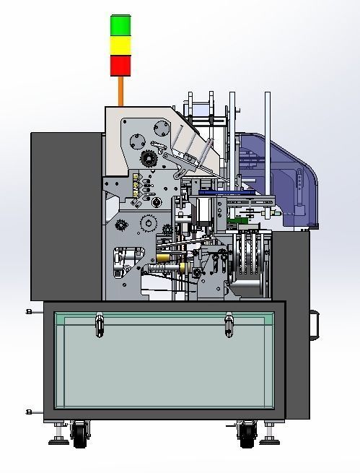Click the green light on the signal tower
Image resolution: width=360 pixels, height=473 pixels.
pos(121,25)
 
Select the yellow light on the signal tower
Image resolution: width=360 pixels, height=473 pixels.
pos(121,45)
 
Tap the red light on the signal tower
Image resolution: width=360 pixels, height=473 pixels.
pos(121,66)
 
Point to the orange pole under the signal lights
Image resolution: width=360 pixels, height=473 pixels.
pos(121,91)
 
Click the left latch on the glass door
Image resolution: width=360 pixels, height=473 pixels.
pos(98,324)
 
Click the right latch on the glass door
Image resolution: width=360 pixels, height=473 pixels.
pos(229,324)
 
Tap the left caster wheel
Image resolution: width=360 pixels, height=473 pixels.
pos(79,431)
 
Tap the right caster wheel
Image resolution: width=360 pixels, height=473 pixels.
pos(247,432)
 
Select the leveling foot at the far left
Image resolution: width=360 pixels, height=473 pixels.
pos(57,436)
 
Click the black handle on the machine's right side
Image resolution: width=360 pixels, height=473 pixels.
pos(315,325)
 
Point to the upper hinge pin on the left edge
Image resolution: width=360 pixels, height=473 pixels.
pos(29,311)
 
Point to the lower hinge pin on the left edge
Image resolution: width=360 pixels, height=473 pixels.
pos(29,412)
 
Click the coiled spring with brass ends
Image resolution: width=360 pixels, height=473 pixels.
pos(170,268)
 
